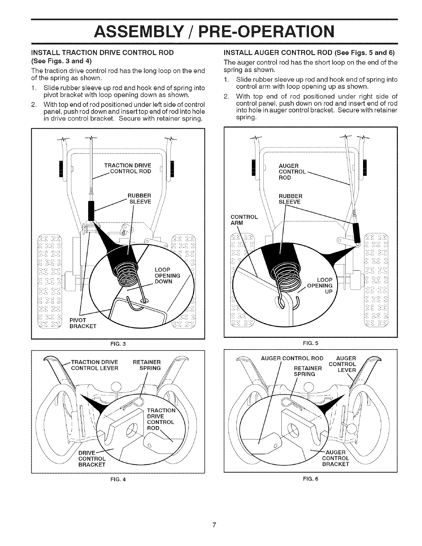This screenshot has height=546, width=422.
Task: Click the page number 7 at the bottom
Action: coord(214,525)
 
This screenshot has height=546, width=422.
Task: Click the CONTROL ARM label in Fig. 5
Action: coord(244,220)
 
